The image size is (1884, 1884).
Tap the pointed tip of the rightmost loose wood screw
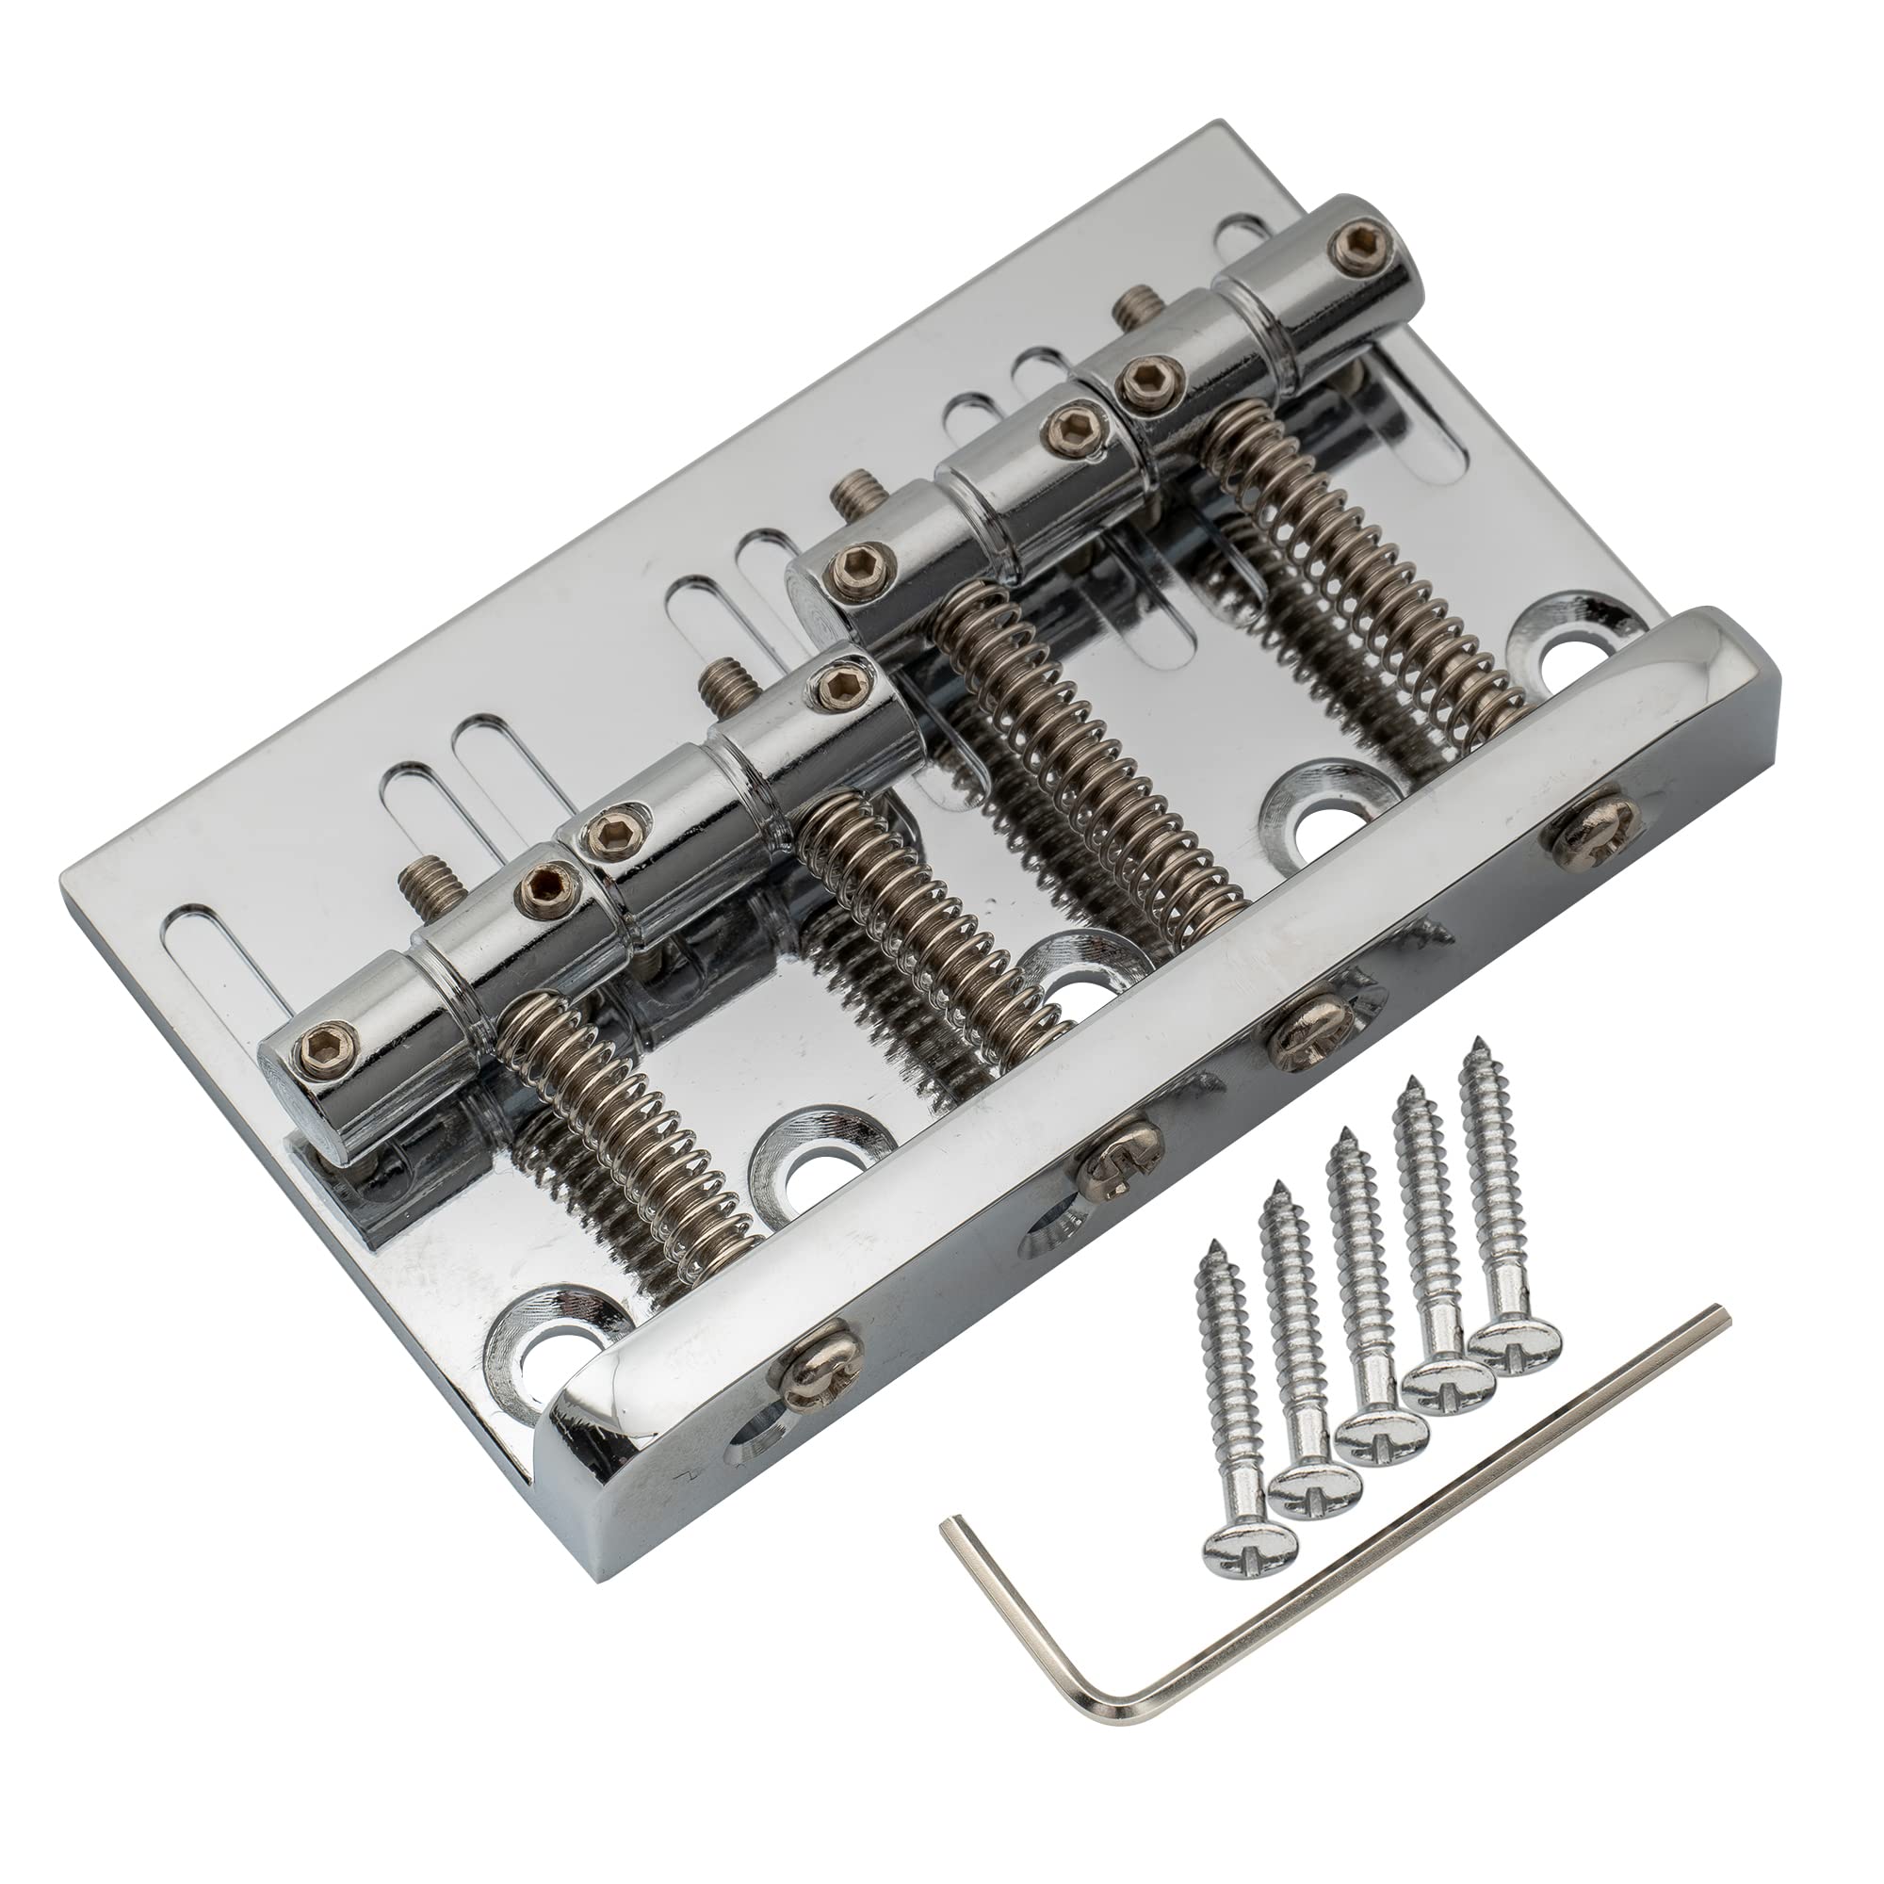[1473, 1042]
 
